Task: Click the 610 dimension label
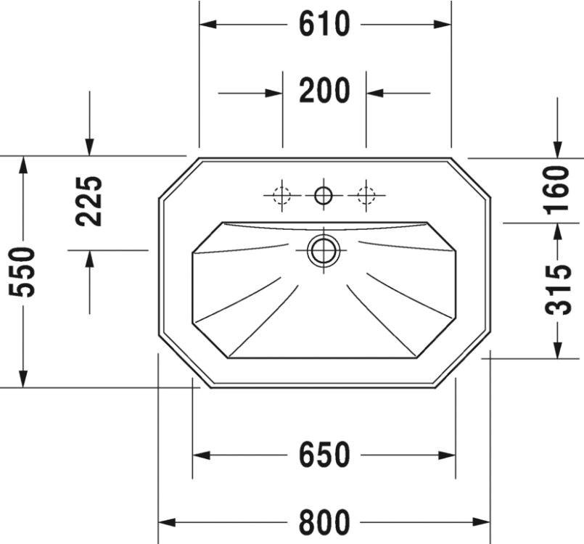pyautogui.click(x=324, y=24)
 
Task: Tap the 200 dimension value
pyautogui.click(x=324, y=91)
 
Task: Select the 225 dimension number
pyautogui.click(x=89, y=201)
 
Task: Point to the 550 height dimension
pyautogui.click(x=22, y=272)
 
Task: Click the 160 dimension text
pyautogui.click(x=557, y=190)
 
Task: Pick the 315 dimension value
pyautogui.click(x=558, y=290)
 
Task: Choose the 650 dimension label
pyautogui.click(x=324, y=455)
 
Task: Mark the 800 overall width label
pyautogui.click(x=324, y=522)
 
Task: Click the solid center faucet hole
pyautogui.click(x=324, y=195)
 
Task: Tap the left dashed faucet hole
pyautogui.click(x=281, y=195)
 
